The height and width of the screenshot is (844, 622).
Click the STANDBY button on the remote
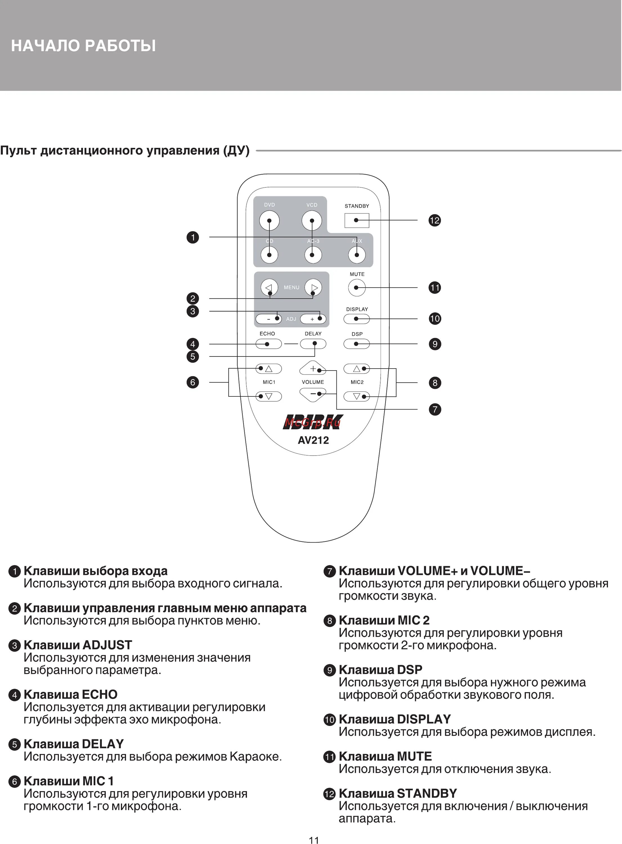(356, 220)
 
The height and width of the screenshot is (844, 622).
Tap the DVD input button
(269, 221)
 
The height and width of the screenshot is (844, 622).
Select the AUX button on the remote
(356, 255)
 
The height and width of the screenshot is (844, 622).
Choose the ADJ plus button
(313, 319)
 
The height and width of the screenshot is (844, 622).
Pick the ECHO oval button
(268, 344)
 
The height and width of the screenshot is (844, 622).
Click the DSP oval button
(356, 344)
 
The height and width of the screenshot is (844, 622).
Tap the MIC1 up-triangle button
(268, 369)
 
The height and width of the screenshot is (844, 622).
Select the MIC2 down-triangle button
(356, 396)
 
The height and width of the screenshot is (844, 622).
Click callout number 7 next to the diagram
(435, 409)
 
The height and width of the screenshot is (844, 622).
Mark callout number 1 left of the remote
(193, 237)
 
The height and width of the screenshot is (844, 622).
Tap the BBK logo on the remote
(313, 422)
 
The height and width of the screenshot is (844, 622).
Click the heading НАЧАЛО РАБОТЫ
(83, 46)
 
